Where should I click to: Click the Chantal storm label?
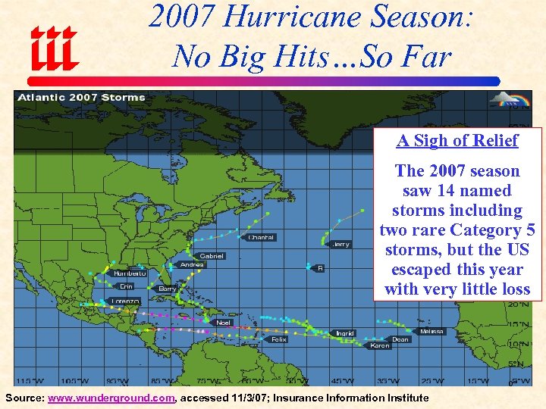262,237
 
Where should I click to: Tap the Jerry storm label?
341,244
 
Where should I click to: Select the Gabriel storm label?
211,255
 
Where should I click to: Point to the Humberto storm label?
130,273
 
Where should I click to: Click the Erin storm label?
127,286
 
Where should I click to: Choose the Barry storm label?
168,289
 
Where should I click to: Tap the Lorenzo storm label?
125,301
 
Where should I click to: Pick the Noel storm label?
223,323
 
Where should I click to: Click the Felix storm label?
279,339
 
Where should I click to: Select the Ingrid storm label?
345,333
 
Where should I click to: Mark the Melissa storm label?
432,332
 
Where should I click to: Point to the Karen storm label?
380,345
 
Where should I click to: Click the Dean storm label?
400,339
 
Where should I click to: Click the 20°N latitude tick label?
519,304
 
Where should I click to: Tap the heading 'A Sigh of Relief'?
457,140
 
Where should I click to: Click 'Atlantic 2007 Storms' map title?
81,97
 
